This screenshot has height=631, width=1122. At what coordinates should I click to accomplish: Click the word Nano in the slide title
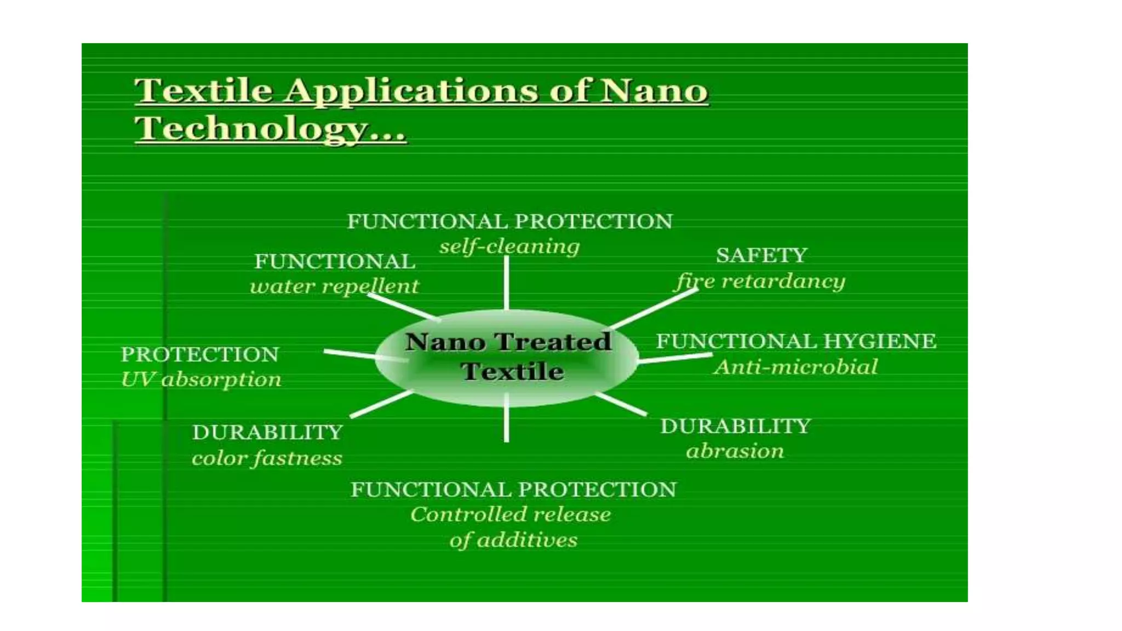654,90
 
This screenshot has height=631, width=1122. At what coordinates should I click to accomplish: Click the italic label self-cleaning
509,246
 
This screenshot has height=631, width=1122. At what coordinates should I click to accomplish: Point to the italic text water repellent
334,286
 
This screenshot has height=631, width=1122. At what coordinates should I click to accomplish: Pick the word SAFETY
762,255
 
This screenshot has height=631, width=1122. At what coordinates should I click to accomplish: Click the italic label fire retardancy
760,282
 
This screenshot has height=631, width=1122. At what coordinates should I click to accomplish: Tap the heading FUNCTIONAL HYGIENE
796,341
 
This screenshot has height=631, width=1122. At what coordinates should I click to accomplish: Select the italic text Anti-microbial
795,367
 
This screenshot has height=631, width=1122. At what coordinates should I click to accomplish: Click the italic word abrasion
735,451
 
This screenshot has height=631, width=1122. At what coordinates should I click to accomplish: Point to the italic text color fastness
267,458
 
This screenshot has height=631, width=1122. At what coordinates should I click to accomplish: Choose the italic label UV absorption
201,379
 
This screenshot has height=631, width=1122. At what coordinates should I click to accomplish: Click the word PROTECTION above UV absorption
200,354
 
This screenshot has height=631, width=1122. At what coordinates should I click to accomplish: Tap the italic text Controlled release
510,514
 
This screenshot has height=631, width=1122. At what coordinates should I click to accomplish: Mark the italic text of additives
513,540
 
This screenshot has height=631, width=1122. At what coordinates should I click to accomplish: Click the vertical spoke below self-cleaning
506,282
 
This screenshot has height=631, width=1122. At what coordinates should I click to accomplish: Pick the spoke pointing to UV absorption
351,354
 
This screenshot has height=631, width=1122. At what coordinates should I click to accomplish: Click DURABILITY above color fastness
267,433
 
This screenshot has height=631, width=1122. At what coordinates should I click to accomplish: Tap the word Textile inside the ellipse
512,371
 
